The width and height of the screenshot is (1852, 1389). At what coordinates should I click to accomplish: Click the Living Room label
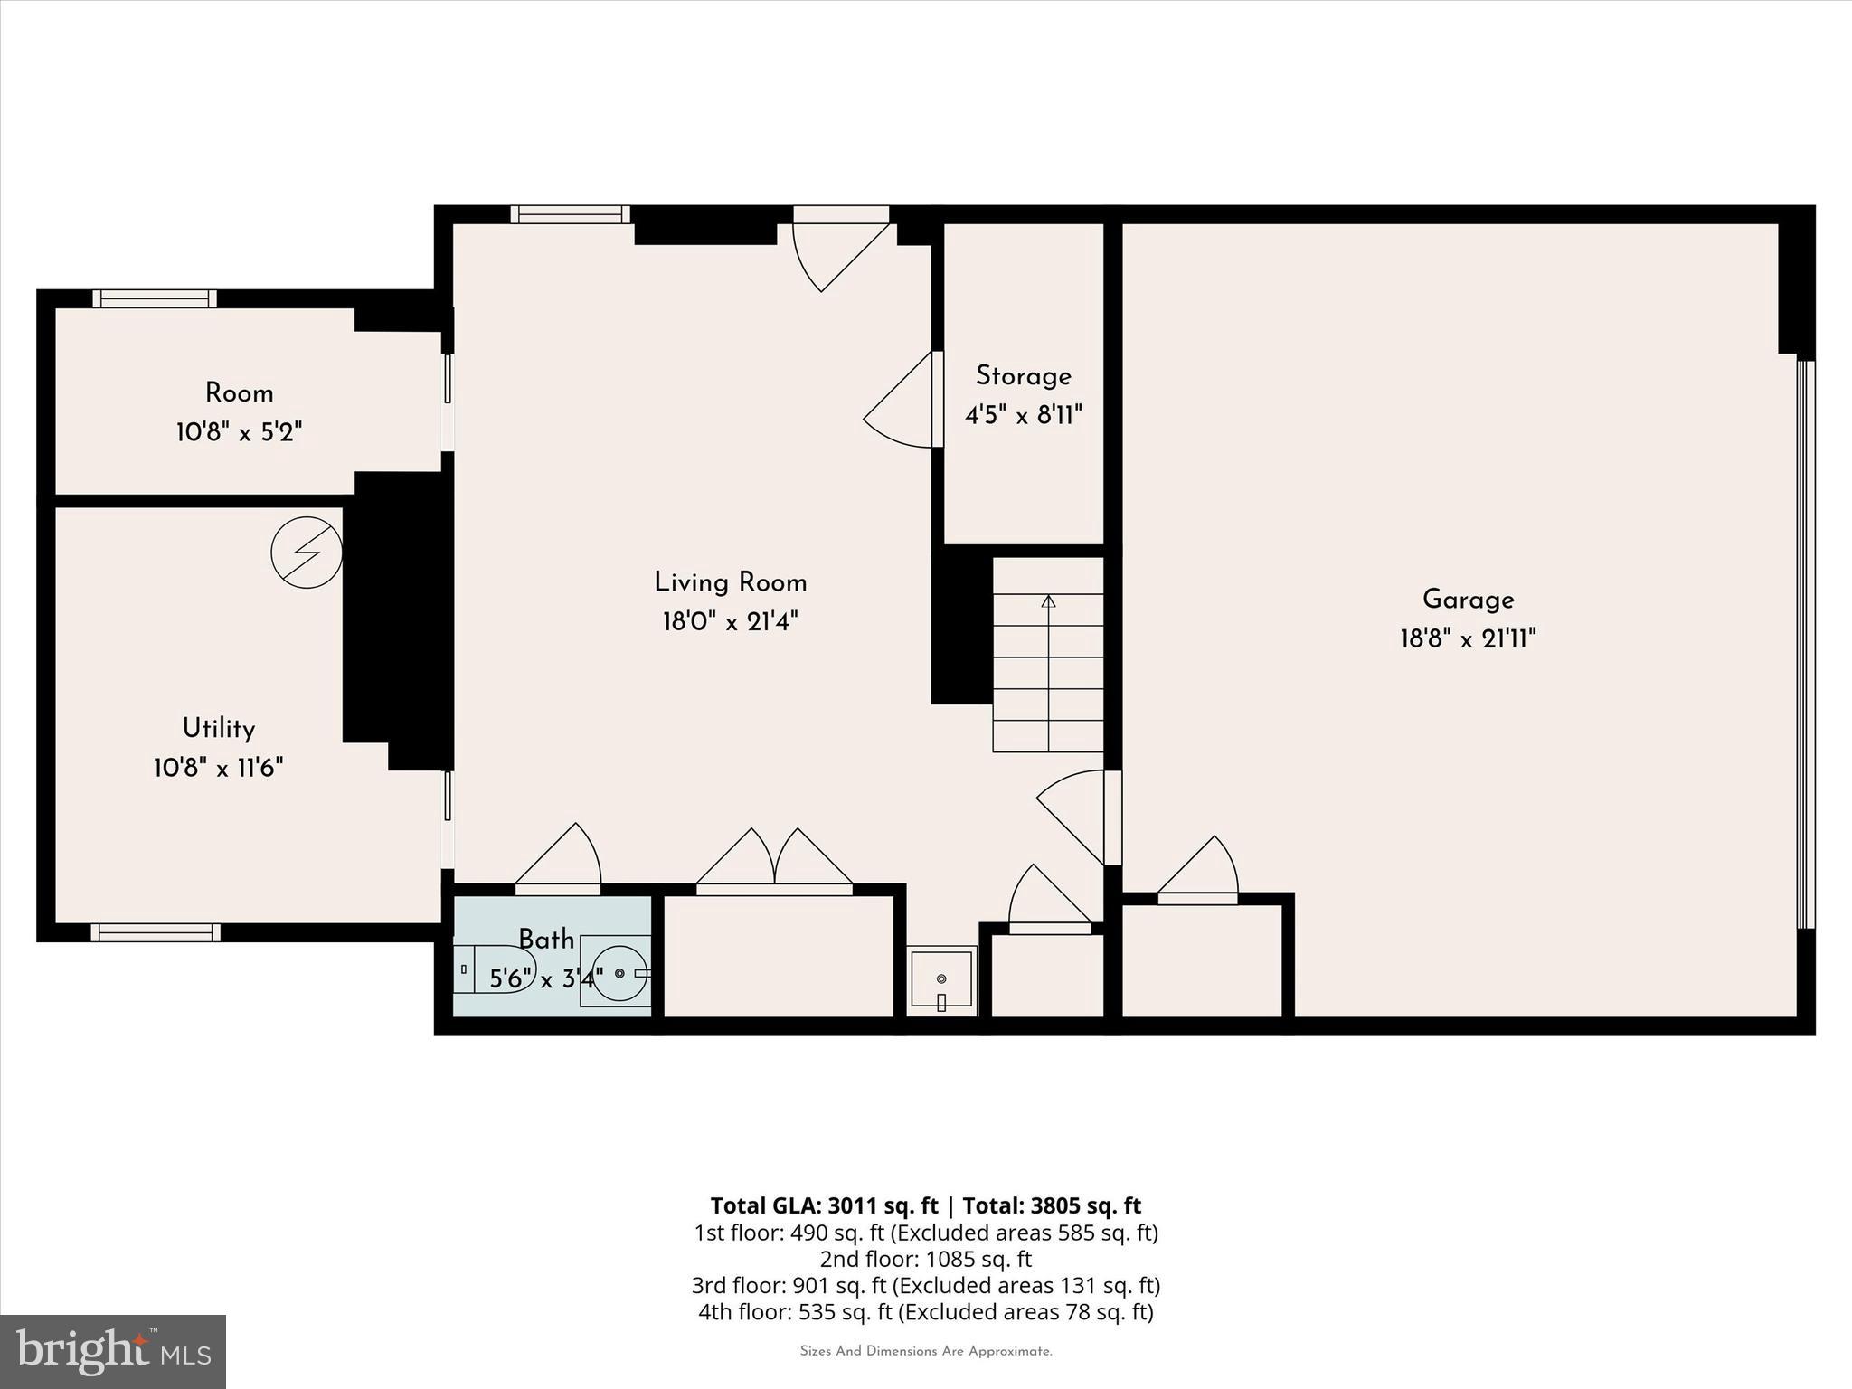730,582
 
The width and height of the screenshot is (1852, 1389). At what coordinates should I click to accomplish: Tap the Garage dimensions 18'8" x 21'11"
1468,639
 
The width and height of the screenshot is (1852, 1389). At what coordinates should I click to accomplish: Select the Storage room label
1023,376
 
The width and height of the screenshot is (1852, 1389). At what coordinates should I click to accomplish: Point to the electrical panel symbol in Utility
307,552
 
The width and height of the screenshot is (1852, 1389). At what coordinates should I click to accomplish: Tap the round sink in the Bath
620,972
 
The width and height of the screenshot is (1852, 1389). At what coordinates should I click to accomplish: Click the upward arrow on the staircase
1048,602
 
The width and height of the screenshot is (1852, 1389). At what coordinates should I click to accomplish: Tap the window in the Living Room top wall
570,214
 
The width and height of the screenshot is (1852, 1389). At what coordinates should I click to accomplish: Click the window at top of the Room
155,298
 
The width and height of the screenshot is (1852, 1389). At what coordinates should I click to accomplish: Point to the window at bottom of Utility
156,932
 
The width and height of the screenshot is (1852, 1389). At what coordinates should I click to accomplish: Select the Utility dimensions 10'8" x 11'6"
218,769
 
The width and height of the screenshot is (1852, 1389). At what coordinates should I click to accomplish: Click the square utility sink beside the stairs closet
941,980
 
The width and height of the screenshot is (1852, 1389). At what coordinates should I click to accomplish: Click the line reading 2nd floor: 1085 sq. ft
925,1259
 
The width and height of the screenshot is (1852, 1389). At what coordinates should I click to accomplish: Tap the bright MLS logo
112,1351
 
